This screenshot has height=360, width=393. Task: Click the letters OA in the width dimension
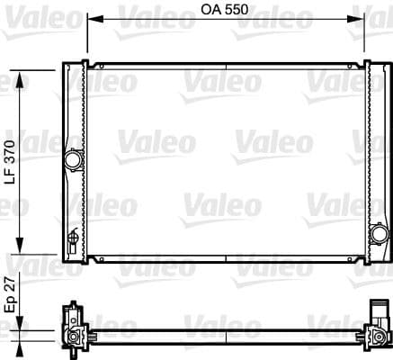211,10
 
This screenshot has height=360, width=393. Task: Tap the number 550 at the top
237,10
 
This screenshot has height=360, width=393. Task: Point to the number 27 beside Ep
10,283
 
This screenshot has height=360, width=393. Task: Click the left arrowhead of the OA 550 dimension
95,19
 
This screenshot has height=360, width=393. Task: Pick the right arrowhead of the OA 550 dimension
355,19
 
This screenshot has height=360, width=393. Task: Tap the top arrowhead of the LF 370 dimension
20,79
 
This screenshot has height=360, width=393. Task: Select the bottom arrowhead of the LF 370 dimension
20,246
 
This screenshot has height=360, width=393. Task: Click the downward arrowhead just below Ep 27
20,323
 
